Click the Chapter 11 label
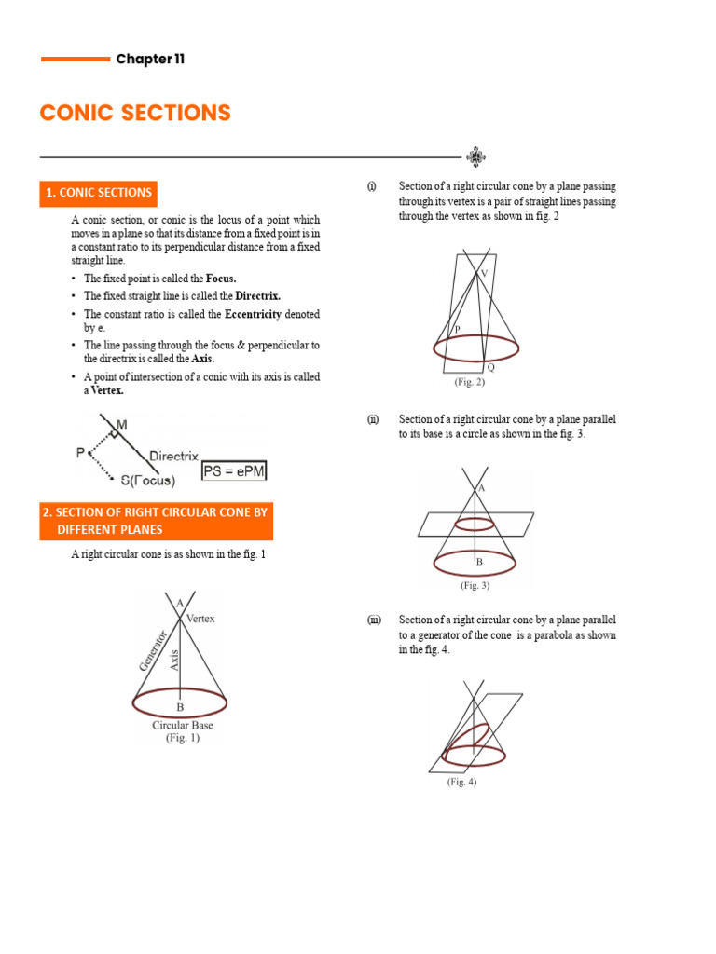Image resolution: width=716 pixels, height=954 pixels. [150, 60]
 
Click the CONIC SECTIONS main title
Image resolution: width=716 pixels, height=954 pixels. [135, 114]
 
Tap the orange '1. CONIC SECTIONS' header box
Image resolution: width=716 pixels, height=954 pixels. [99, 193]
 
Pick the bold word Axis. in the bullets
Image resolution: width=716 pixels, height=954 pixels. [202, 359]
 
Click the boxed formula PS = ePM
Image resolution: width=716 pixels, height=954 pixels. [235, 472]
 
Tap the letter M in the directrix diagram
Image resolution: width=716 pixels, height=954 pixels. [122, 426]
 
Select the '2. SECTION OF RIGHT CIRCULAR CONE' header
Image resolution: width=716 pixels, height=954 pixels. [157, 521]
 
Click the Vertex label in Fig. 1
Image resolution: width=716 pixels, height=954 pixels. [200, 619]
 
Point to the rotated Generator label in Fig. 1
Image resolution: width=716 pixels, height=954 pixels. [153, 649]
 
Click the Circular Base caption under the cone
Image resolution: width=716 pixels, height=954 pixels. [183, 725]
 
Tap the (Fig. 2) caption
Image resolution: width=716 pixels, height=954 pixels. [470, 383]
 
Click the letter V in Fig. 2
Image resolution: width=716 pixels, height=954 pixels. [483, 273]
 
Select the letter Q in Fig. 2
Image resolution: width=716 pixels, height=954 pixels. [491, 368]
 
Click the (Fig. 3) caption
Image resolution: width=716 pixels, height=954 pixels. [475, 586]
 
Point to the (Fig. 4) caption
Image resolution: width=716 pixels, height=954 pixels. [461, 783]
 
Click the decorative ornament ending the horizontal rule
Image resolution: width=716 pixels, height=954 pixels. [475, 157]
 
